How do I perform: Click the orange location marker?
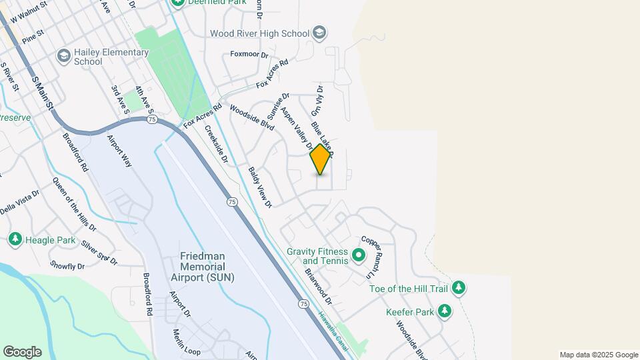pyautogui.click(x=320, y=159)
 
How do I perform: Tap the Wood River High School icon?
pyautogui.click(x=319, y=33)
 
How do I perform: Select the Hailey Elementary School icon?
pyautogui.click(x=64, y=55)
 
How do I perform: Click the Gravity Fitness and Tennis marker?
pyautogui.click(x=358, y=254)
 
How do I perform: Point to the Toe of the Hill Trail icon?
pyautogui.click(x=458, y=288)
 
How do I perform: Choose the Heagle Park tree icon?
pyautogui.click(x=15, y=239)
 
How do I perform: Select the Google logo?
pyautogui.click(x=22, y=351)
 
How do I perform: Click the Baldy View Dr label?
pyautogui.click(x=260, y=187)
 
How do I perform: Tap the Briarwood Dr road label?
pyautogui.click(x=318, y=287)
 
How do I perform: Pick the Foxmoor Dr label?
pyautogui.click(x=249, y=55)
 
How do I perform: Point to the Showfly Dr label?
pyautogui.click(x=67, y=266)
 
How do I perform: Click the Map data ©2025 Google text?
pyautogui.click(x=599, y=355)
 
